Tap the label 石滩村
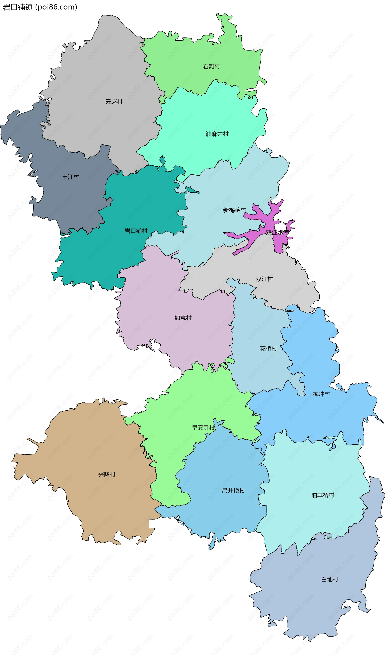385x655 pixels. coord(211,67)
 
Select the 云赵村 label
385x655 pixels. coord(114,102)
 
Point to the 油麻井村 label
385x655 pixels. coord(217,134)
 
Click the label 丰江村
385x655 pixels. coord(70,177)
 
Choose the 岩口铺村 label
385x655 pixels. coord(136,231)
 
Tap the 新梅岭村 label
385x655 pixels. coord(234,210)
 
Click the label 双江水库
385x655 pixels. coord(277,232)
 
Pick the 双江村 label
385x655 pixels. coord(264,279)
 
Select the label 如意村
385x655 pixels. coord(183,318)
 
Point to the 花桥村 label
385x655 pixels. coord(268,349)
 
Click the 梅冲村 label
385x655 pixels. coord(321,394)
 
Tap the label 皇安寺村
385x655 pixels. coord(203,428)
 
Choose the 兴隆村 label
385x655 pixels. coord(107,475)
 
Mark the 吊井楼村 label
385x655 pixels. coord(233,490)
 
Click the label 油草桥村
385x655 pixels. coord(323,495)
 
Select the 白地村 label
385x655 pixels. coord(329,579)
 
